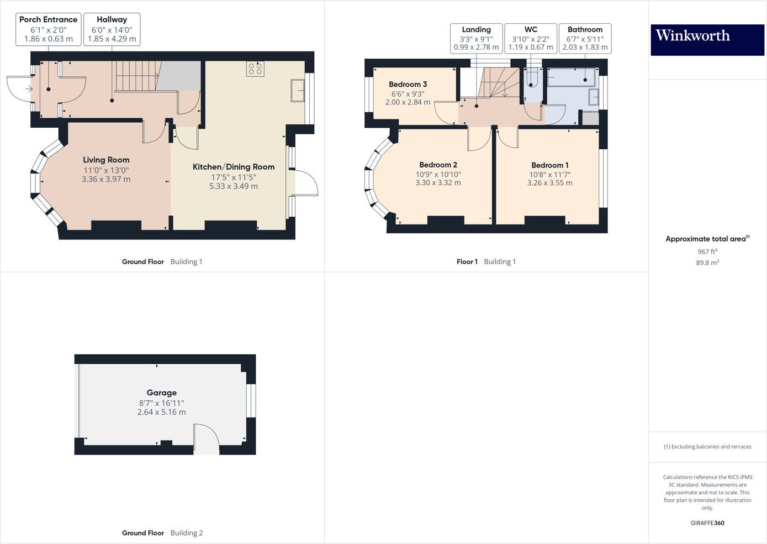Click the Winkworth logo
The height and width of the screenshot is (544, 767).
707,39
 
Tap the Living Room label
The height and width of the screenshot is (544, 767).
106,160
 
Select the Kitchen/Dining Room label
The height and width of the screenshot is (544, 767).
233,167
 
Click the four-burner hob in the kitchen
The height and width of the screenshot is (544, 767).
255,69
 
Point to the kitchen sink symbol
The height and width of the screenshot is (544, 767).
298,91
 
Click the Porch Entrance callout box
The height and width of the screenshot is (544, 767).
49,29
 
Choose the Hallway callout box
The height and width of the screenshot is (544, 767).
112,29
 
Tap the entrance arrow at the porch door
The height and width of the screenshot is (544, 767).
29,89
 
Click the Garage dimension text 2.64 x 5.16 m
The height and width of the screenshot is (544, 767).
161,412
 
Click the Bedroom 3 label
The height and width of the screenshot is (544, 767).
408,85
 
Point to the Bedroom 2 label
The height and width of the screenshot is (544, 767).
438,165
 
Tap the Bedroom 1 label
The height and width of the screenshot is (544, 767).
549,165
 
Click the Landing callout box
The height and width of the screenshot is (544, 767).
476,38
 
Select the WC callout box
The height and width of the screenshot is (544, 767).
530,38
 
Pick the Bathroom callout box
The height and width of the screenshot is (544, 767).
585,38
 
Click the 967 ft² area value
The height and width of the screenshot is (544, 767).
707,252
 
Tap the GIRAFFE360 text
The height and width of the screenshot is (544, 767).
707,523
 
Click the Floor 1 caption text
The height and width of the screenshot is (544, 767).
467,261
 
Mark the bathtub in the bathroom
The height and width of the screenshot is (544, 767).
572,77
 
